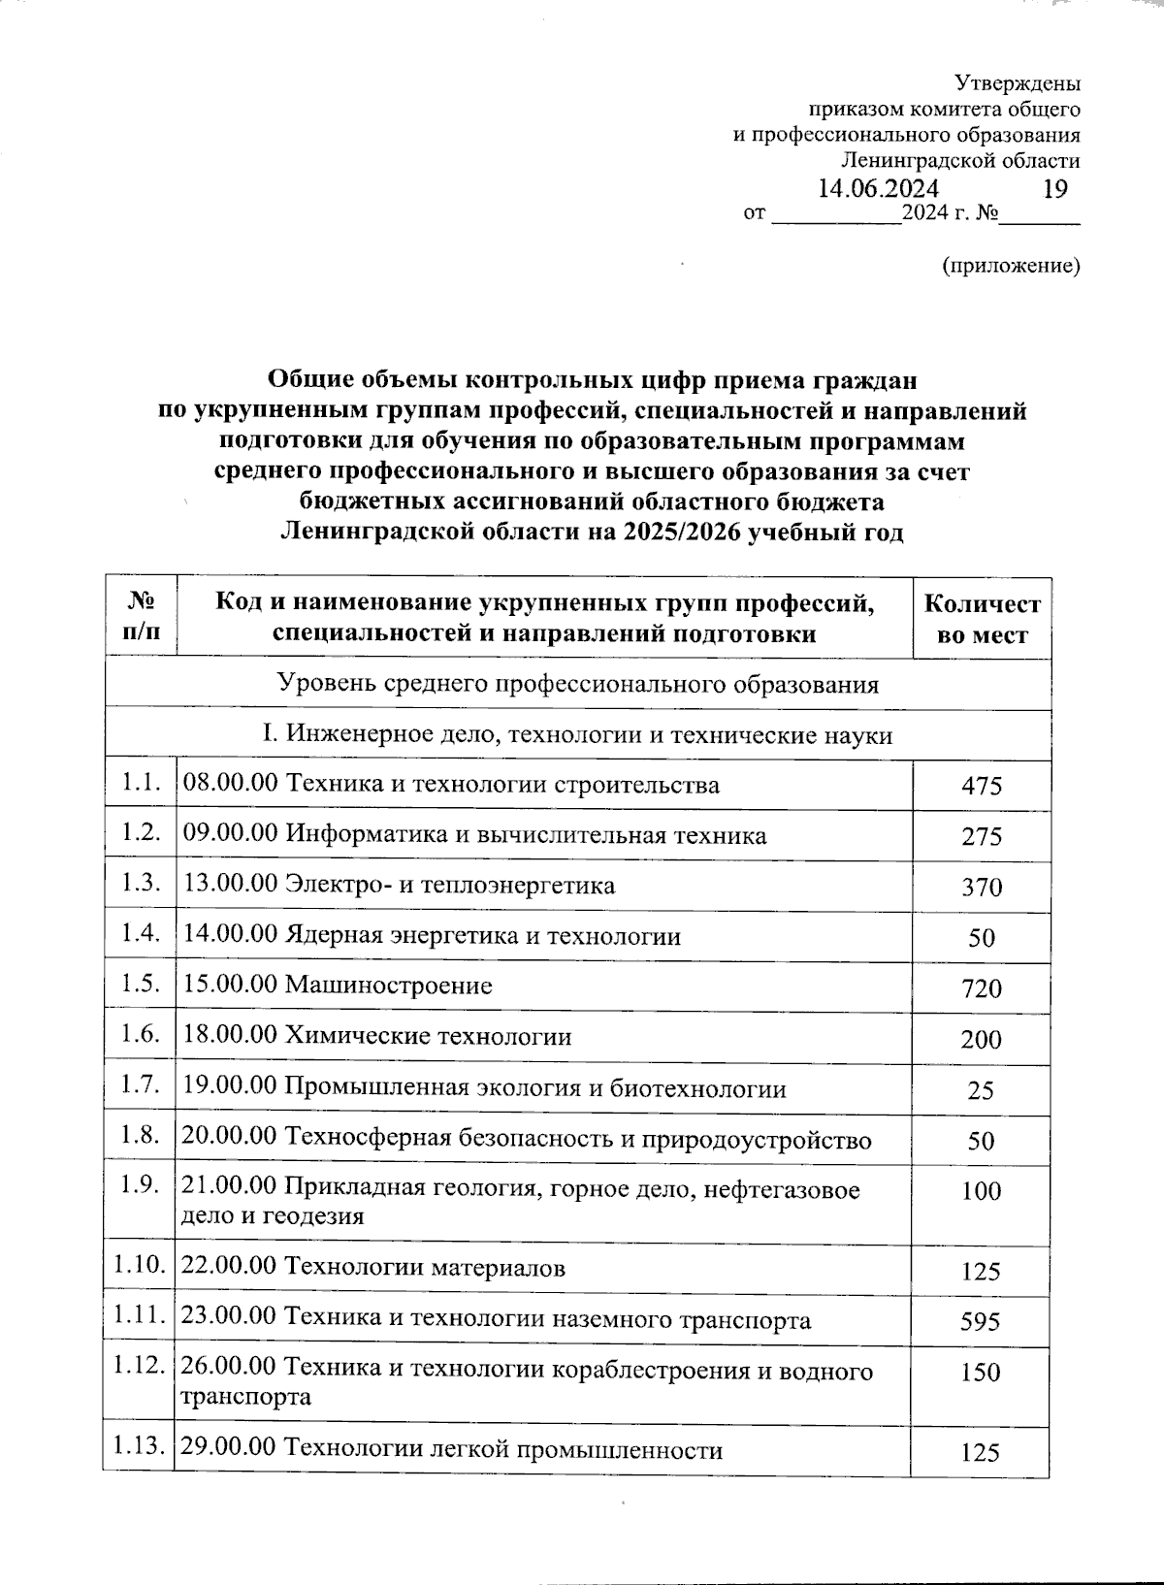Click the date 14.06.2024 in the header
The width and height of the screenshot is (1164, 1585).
878,188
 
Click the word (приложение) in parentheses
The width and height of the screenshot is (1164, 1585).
1011,266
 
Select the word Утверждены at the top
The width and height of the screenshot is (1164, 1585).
1018,84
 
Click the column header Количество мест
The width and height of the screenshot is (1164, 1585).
982,620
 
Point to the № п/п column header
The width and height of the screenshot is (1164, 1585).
142,618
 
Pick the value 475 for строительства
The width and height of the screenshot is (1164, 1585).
982,786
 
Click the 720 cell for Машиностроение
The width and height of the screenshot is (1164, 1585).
982,989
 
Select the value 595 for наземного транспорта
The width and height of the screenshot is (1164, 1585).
981,1322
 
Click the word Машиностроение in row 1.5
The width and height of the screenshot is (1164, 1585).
388,987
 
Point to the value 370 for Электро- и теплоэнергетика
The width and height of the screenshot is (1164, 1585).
982,888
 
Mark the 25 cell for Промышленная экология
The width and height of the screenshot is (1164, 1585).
981,1091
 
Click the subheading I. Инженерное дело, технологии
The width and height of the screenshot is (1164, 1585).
577,735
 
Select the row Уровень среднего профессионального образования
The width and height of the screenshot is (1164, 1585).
577,685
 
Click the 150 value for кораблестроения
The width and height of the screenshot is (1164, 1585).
981,1373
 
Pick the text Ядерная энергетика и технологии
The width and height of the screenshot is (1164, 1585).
482,936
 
